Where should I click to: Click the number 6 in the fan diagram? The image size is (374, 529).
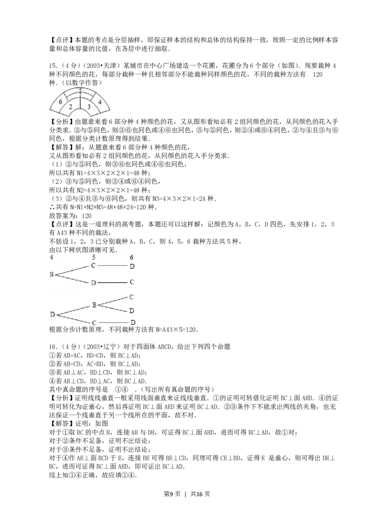[60, 101]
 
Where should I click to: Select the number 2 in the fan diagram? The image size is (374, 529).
[71, 107]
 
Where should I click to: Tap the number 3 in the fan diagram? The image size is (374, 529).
[89, 107]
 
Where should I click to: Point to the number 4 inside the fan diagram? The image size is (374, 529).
[100, 101]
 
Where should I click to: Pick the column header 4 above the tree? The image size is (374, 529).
[50, 257]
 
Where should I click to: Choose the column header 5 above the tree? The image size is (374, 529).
[94, 257]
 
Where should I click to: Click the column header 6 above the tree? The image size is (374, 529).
[132, 257]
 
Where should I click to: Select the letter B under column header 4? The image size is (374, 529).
[51, 274]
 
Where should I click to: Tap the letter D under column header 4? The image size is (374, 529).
[52, 315]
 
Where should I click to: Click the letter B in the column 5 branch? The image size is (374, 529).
[94, 305]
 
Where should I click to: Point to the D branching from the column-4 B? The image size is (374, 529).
[93, 283]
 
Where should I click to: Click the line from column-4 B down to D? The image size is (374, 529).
[72, 279]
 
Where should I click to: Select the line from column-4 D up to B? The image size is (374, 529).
[73, 310]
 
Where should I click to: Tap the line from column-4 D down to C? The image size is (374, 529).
[73, 319]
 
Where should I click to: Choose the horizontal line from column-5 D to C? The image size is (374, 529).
[113, 283]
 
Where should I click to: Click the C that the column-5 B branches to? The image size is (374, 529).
[132, 297]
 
